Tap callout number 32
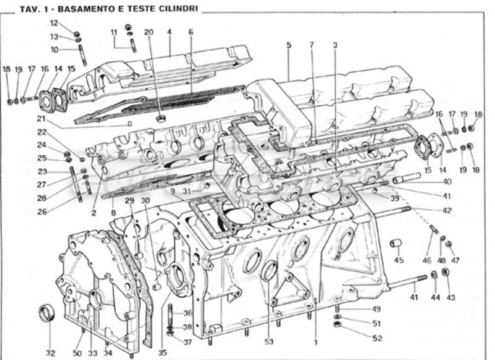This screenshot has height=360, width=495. pos(50,353)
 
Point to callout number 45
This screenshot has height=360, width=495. pos(399,260)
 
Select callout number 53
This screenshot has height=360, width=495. pos(269,342)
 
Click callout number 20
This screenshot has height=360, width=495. pos(148,32)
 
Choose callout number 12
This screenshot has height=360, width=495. pos(54,23)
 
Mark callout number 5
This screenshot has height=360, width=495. pos(288,45)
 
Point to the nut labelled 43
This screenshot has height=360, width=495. pos(446,272)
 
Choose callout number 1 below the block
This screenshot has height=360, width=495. pos(315,342)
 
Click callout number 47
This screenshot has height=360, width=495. pos(455,260)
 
